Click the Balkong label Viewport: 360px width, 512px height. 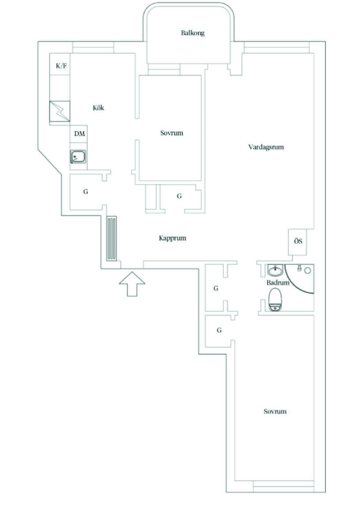click(x=192, y=33)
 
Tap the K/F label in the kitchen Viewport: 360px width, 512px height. click(x=61, y=66)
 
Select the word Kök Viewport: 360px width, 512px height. click(x=98, y=108)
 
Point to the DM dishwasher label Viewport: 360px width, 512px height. click(x=79, y=134)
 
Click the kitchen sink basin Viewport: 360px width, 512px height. click(x=78, y=157)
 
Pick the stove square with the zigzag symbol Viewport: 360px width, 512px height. click(x=60, y=111)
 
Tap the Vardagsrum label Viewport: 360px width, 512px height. click(x=266, y=147)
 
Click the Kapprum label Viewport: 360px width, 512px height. click(x=172, y=238)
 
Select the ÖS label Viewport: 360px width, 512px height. click(x=298, y=241)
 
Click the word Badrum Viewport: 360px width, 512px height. click(x=278, y=282)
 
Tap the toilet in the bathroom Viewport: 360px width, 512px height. click(x=274, y=299)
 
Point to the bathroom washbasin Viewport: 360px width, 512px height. click(x=275, y=271)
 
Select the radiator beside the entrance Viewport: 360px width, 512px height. click(x=111, y=238)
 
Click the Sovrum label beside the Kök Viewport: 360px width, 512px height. click(x=172, y=133)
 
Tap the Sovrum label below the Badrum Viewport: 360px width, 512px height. click(x=275, y=411)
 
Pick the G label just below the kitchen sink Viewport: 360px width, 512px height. click(x=86, y=192)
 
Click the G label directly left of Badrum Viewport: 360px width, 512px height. click(x=216, y=288)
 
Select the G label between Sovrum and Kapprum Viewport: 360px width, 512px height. click(x=179, y=196)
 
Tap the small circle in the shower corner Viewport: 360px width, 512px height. click(x=307, y=271)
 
